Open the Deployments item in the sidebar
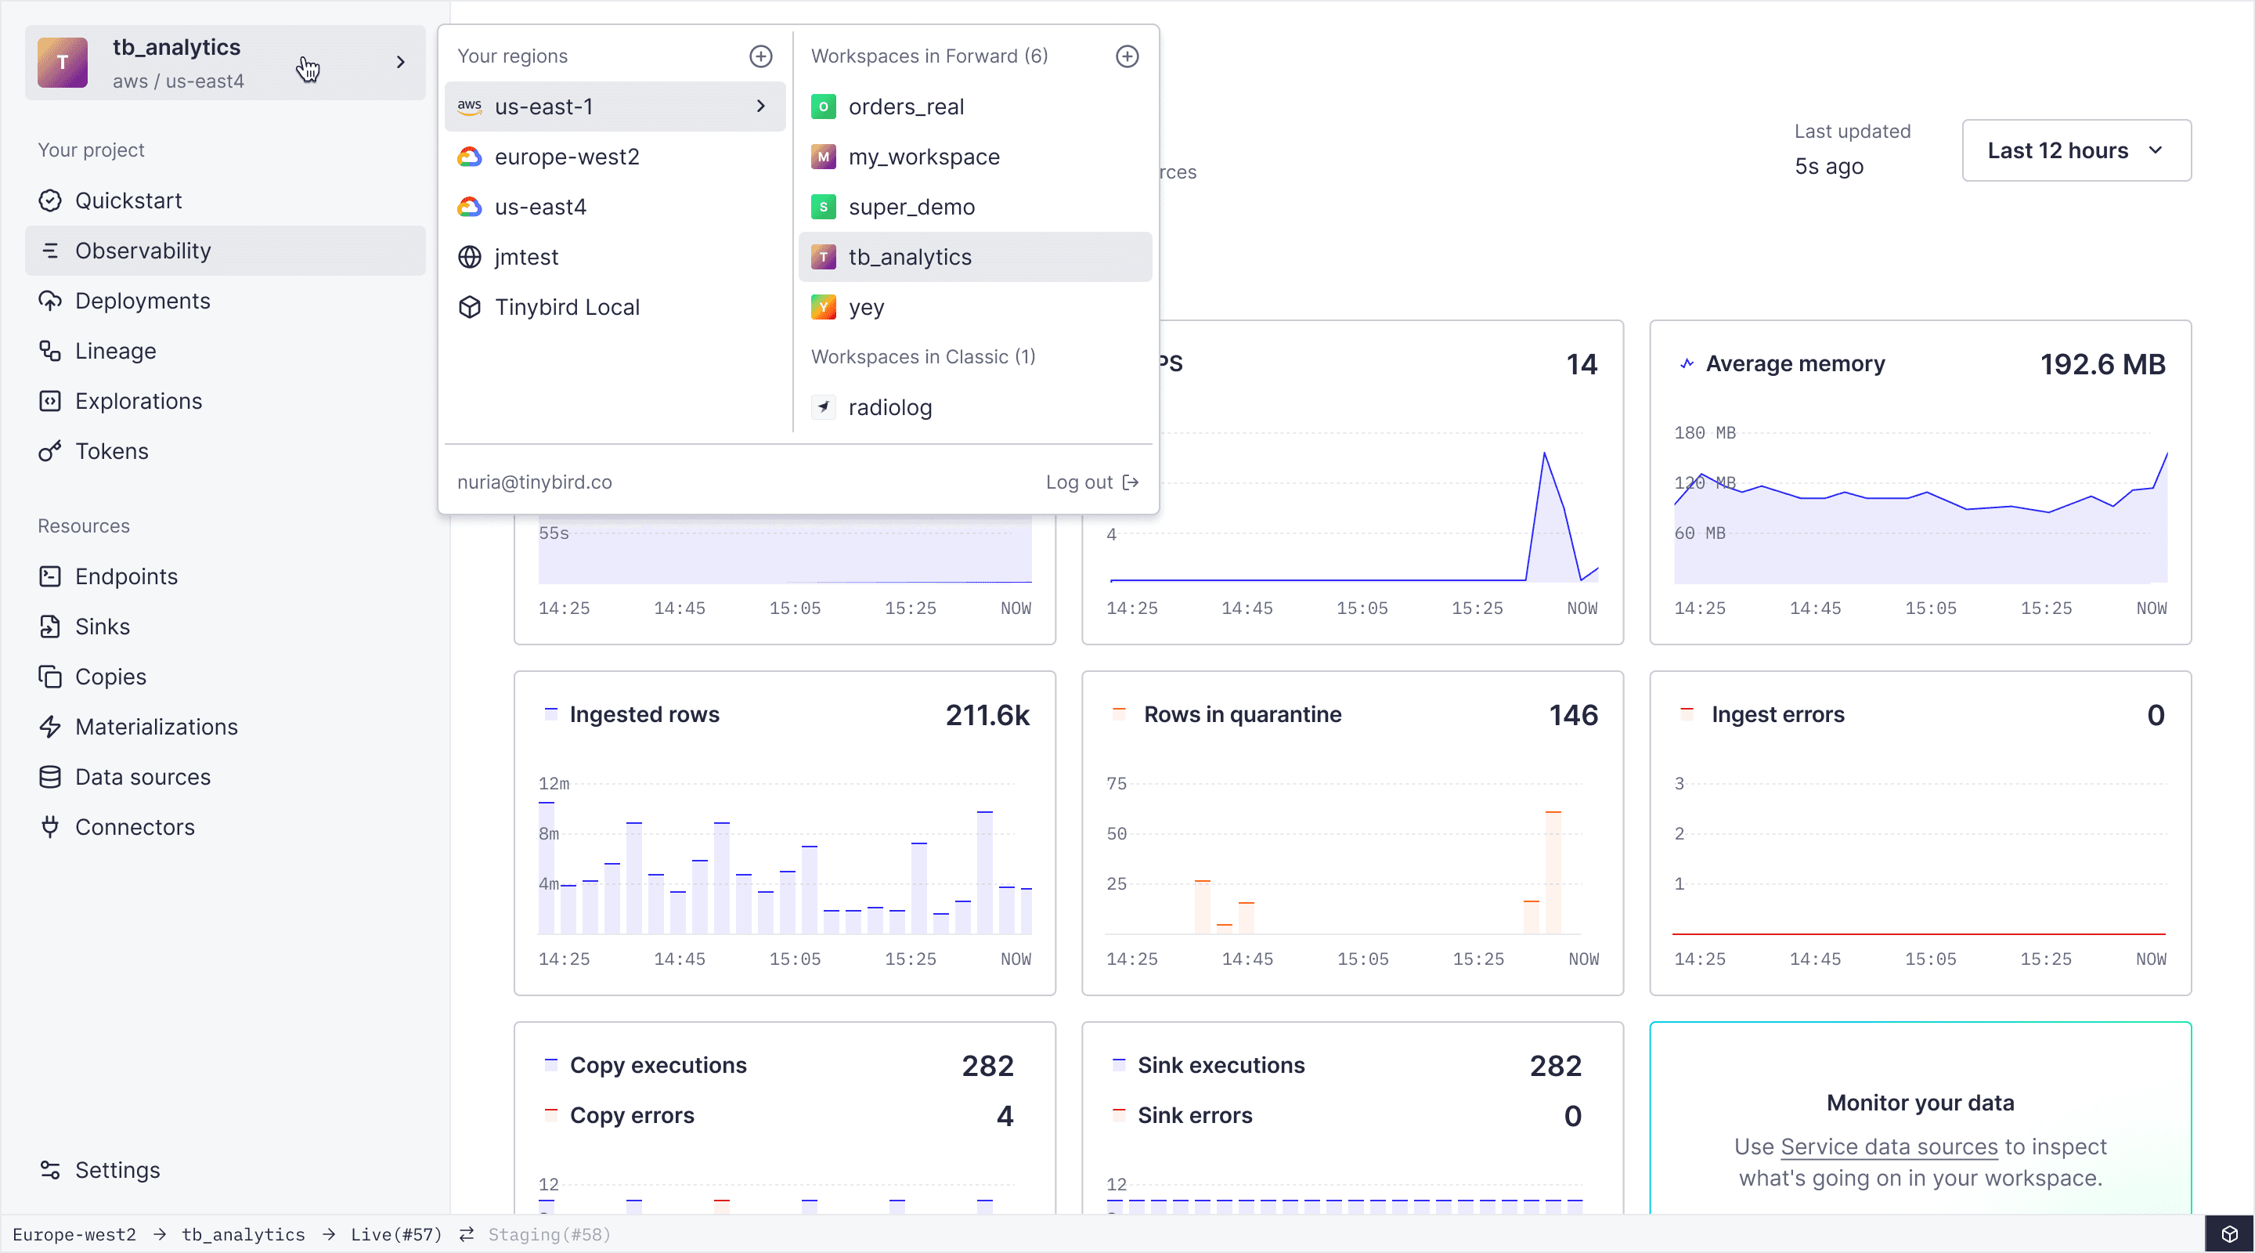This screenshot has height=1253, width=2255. pos(142,302)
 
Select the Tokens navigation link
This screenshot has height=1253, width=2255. pos(111,452)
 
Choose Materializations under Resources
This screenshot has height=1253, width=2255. pos(156,727)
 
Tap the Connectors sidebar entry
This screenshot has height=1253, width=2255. pos(134,828)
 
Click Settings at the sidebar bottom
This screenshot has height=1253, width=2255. pos(117,1171)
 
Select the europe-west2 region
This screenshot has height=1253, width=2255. pos(566,157)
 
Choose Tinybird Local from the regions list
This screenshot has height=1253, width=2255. pos(566,307)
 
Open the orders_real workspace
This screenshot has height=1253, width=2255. pos(905,107)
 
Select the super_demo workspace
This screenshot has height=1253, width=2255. pos(911,208)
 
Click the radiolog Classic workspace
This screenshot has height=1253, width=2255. pos(889,408)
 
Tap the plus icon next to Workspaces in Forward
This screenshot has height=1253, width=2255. pos(1127,57)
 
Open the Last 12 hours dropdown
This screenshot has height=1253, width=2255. pos(2076,150)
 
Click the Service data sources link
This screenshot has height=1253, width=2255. pos(1889,1147)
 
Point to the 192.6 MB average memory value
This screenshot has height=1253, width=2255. pos(2102,364)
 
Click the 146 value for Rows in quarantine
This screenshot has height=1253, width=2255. pos(1572,715)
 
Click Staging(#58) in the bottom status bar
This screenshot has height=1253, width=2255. pos(549,1235)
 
